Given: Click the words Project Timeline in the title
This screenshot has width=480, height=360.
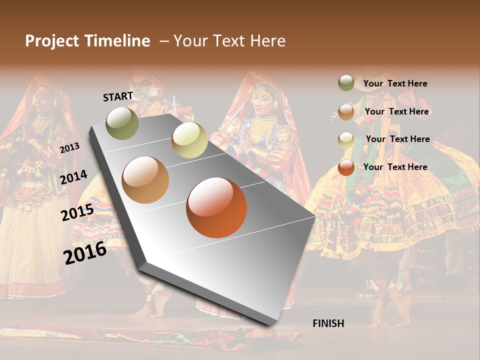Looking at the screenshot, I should (87, 41).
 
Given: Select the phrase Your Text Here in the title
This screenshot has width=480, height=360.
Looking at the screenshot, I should (229, 41).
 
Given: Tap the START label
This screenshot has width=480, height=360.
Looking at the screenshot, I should (118, 96).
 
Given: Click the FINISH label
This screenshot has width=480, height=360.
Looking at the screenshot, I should (328, 323).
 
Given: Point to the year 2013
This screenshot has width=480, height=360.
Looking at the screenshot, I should (69, 148).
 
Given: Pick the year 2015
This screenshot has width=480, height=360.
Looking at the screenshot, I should (77, 212).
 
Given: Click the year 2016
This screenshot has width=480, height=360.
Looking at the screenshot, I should (85, 253).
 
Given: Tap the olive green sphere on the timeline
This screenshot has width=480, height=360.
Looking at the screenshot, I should (122, 123).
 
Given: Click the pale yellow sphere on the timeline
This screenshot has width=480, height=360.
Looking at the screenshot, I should (189, 140).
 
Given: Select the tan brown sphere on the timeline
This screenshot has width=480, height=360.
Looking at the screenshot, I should (145, 180).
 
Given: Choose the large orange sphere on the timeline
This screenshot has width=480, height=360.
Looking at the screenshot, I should (216, 207).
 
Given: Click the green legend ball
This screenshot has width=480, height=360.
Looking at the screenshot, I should (346, 83).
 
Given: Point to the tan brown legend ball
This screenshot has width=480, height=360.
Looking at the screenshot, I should (346, 112).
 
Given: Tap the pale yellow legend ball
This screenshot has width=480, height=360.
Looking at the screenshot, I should (346, 140).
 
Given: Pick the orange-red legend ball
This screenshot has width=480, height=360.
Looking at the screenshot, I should (346, 167).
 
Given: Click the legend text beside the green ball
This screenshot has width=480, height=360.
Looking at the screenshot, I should (395, 83).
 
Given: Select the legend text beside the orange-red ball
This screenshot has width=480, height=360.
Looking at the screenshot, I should (395, 167).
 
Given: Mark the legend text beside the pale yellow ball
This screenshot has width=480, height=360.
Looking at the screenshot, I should (397, 139).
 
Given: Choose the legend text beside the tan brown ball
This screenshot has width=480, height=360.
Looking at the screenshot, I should (396, 111).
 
